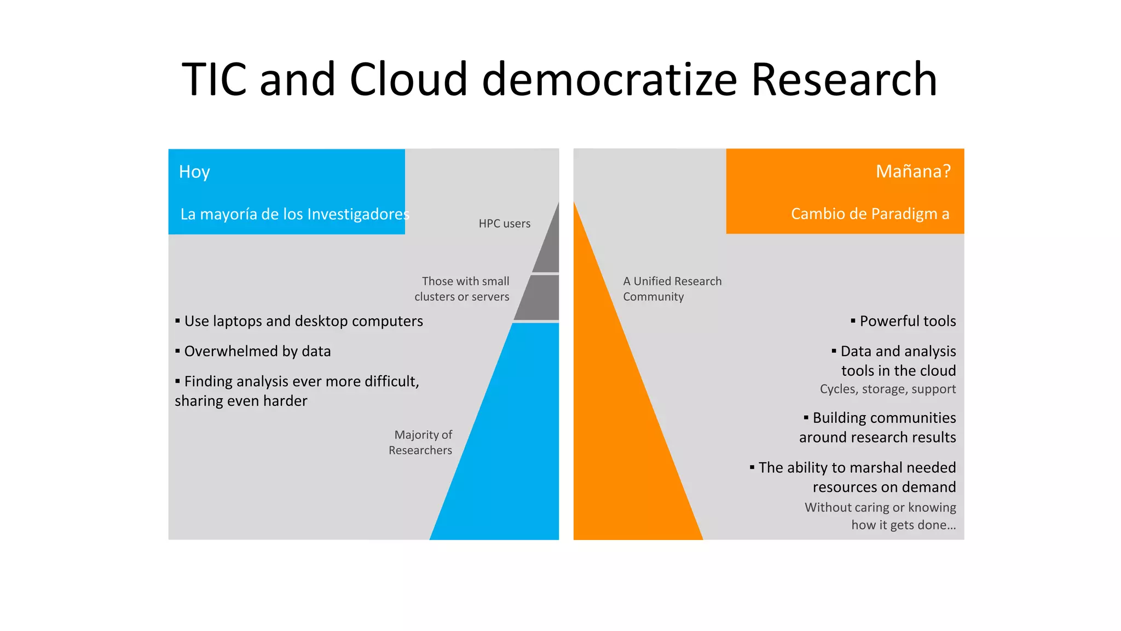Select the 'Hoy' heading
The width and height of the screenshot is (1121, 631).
coord(194,172)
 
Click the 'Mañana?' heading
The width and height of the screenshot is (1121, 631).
coord(913,171)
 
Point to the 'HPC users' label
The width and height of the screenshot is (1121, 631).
coord(504,223)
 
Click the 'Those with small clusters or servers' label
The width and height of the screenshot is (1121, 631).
coord(463,289)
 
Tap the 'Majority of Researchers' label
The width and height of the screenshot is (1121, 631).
coord(421,442)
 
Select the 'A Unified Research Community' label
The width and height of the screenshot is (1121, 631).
coord(672,289)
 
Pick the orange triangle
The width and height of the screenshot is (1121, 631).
coord(624,438)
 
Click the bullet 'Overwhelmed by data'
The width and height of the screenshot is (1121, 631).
coord(257,351)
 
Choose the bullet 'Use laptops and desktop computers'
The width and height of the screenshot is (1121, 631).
coord(303,321)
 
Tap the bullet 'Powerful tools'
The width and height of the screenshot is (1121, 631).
coord(907,321)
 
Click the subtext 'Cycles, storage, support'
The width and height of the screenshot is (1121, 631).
coord(887,389)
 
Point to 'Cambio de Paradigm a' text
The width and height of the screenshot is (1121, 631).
coord(870,214)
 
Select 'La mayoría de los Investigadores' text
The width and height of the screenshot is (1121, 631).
coord(294,214)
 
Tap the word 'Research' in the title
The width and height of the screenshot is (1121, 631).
coord(844,79)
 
